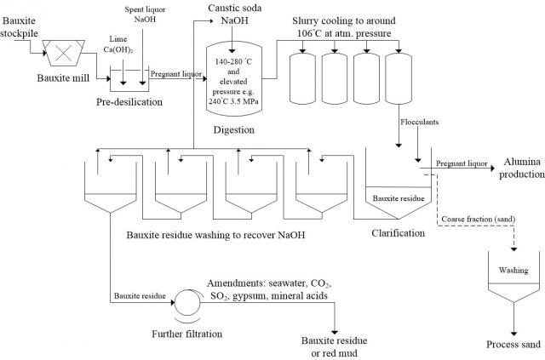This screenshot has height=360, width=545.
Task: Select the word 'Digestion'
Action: click(235, 130)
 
